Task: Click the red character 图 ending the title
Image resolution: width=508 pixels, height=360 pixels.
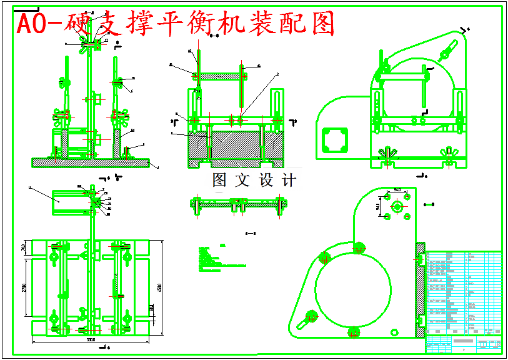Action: pos(321,24)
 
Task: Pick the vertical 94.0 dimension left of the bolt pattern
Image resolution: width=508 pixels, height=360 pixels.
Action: pos(378,206)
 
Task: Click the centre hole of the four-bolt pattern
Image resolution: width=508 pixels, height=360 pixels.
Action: pos(396,206)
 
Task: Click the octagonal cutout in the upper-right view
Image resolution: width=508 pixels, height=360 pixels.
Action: pos(335,140)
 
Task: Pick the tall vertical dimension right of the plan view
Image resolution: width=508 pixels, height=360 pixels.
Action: pos(160,287)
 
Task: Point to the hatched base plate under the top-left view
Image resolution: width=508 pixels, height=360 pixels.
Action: pos(91,162)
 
